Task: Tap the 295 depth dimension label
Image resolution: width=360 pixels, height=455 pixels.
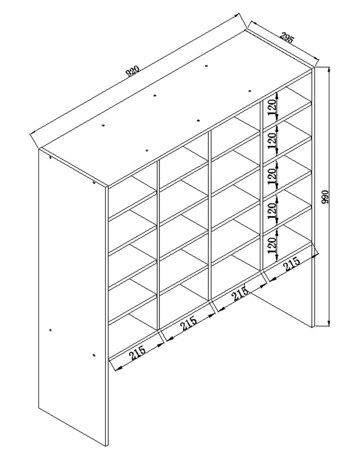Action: (x=287, y=37)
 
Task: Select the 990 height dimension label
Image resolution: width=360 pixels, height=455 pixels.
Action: (x=325, y=197)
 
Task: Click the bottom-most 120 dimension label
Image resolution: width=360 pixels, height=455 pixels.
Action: (x=272, y=245)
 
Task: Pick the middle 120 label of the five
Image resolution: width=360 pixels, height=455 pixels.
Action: (x=272, y=176)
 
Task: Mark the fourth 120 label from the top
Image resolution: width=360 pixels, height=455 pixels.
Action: (x=272, y=211)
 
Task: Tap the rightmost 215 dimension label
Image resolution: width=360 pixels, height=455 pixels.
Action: (x=292, y=264)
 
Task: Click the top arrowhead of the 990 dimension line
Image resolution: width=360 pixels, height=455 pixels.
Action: (x=329, y=70)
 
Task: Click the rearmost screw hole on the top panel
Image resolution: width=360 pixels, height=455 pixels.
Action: (x=206, y=66)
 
